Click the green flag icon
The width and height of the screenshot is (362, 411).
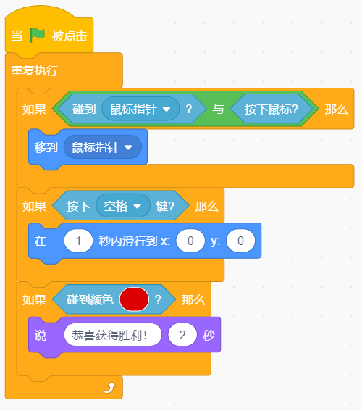(x=38, y=35)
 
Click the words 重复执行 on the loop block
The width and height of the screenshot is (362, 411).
(x=34, y=70)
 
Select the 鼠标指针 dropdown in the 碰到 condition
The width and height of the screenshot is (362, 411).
(x=140, y=109)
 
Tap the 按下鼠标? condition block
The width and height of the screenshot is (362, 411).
(x=271, y=109)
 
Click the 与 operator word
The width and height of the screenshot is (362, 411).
(x=218, y=109)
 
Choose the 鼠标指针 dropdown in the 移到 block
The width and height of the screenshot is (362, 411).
(x=103, y=147)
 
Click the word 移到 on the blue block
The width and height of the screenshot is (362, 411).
(x=46, y=147)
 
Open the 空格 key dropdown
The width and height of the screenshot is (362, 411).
(x=123, y=206)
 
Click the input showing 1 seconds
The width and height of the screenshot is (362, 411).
(x=78, y=241)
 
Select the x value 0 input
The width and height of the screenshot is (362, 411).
(x=190, y=241)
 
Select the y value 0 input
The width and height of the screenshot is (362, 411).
(x=240, y=241)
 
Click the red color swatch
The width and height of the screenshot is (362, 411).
(x=134, y=299)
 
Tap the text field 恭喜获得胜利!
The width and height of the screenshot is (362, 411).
(x=113, y=334)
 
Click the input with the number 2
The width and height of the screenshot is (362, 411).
(x=182, y=334)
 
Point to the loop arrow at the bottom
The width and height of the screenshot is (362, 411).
(x=109, y=388)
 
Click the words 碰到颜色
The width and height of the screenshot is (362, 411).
(x=90, y=299)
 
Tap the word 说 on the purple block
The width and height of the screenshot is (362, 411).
(x=41, y=335)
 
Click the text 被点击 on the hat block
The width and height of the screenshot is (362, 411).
(x=70, y=36)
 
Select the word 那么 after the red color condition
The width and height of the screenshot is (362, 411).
(x=193, y=299)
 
